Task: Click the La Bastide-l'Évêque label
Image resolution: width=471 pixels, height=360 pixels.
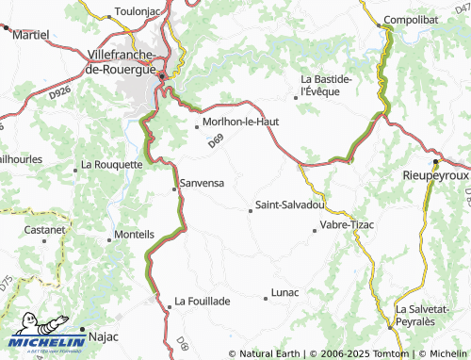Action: coord(326,84)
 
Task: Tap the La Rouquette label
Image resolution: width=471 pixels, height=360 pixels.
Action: coord(111,163)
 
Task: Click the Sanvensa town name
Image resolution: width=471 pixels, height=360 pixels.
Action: coord(202,184)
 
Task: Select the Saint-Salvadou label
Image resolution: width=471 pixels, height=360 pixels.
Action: coord(290,205)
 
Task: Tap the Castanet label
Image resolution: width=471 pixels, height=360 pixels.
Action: coord(44,229)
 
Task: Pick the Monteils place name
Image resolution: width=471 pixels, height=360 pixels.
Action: coord(134,233)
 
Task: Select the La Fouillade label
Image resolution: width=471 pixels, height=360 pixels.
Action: coord(202,302)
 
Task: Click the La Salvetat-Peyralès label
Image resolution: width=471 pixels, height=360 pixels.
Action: coord(429,315)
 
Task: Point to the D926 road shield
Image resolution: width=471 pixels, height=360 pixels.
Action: coord(61,91)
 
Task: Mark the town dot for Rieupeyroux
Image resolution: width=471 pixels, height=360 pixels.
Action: coord(435,161)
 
